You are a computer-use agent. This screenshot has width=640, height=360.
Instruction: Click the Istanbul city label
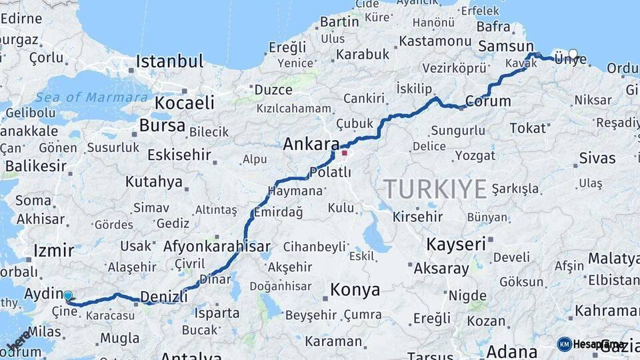point(169,62)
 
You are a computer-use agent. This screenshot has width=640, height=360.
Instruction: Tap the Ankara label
point(311,143)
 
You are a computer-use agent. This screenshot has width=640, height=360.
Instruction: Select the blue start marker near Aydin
point(68,295)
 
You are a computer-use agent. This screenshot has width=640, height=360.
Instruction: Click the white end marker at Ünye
point(573,53)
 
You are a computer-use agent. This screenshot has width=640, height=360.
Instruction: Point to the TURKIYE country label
point(435,189)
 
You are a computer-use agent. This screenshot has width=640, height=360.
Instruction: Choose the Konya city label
point(355,290)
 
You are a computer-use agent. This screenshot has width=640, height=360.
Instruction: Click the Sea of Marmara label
point(91,97)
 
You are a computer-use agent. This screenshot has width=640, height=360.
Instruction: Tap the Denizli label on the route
point(163,296)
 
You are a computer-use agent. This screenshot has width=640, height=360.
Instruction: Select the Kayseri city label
point(456,244)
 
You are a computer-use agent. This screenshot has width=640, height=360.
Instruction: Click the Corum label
point(488,101)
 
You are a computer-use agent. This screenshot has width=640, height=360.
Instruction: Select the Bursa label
point(162,125)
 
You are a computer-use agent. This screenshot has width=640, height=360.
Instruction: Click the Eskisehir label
point(179,155)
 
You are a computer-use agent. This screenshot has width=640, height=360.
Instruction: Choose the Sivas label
point(597,158)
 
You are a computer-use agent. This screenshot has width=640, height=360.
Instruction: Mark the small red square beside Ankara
point(344,153)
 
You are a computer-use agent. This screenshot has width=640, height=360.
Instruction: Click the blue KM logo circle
point(565,344)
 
